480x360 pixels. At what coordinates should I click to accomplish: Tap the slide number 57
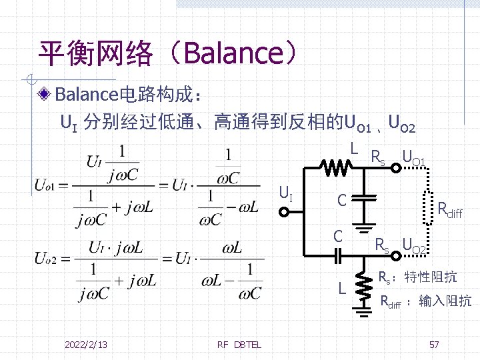point(434,344)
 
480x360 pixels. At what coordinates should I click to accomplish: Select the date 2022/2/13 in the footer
point(87,344)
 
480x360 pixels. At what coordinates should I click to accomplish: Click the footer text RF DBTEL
point(239,344)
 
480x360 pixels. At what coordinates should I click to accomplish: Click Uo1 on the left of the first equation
point(47,183)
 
